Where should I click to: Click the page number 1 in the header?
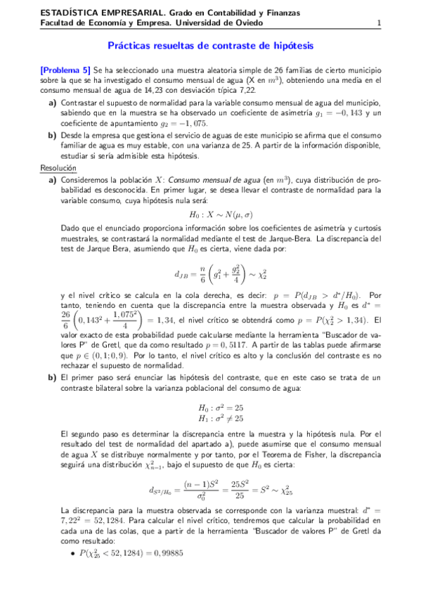pyautogui.click(x=379, y=22)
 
